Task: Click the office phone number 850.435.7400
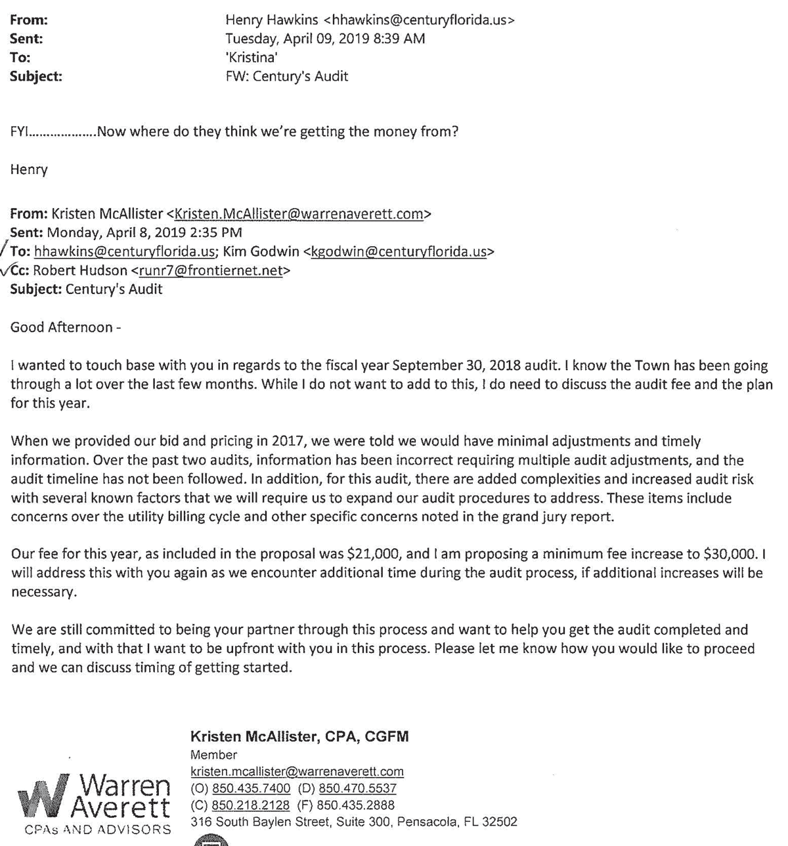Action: coord(251,788)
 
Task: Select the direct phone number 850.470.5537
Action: coord(357,788)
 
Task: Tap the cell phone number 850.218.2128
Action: coord(251,805)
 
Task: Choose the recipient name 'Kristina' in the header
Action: coord(251,58)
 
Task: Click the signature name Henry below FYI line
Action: coord(29,170)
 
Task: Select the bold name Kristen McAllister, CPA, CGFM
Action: coord(299,737)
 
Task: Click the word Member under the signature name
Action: coord(213,755)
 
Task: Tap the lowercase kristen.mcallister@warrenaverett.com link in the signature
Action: coord(297,772)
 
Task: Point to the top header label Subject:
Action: coord(36,77)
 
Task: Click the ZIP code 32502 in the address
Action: coord(499,822)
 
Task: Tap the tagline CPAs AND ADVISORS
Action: coord(98,830)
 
